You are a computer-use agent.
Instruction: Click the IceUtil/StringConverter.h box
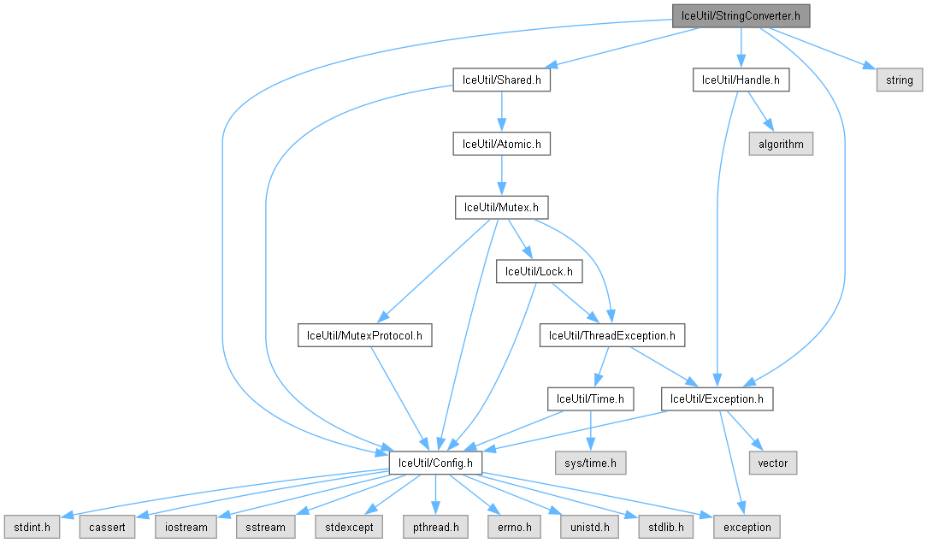tap(741, 15)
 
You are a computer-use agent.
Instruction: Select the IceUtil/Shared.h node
tap(501, 80)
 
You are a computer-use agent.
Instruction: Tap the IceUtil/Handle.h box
tap(741, 80)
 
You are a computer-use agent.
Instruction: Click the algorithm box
tap(781, 144)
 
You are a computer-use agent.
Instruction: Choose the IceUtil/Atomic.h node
tap(501, 144)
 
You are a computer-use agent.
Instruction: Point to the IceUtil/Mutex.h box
tap(501, 207)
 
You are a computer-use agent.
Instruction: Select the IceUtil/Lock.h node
tap(539, 271)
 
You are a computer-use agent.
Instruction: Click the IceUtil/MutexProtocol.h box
tap(364, 335)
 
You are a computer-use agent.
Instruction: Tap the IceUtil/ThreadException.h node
tap(611, 335)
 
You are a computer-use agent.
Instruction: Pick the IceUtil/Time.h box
tap(591, 398)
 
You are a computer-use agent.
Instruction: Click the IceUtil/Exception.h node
tap(717, 398)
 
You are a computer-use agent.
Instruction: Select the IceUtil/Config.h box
tap(435, 463)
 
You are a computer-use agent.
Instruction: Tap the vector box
tap(773, 463)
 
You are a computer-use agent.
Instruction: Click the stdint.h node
tap(31, 527)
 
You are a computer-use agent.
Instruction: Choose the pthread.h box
tap(435, 527)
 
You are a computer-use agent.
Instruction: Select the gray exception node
tap(747, 527)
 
